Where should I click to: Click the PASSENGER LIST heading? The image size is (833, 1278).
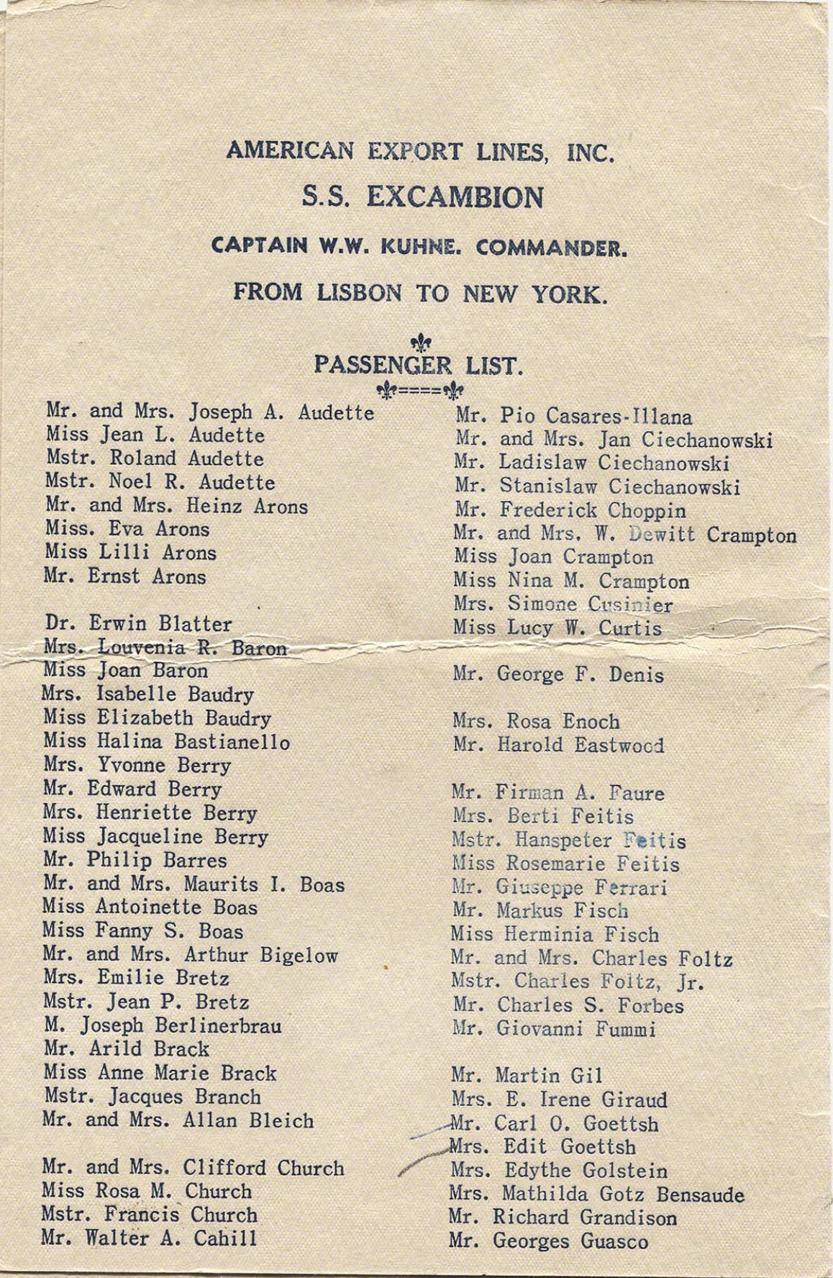tap(416, 366)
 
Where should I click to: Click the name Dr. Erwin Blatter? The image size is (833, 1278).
tap(138, 623)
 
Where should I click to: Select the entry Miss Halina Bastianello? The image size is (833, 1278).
tap(166, 741)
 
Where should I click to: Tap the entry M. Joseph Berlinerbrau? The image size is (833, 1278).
tap(162, 1025)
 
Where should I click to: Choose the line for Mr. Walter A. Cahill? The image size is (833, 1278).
tap(148, 1238)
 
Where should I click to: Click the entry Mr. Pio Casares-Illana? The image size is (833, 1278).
tap(573, 416)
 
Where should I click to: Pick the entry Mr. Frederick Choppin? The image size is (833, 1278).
tap(570, 510)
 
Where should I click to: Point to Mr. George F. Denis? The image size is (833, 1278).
tap(558, 675)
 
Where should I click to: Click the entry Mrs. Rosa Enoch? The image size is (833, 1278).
tap(536, 722)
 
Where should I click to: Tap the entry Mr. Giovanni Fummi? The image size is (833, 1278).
tap(554, 1029)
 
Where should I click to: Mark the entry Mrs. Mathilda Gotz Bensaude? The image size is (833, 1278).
tap(596, 1195)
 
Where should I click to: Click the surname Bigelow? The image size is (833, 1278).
tap(299, 956)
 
